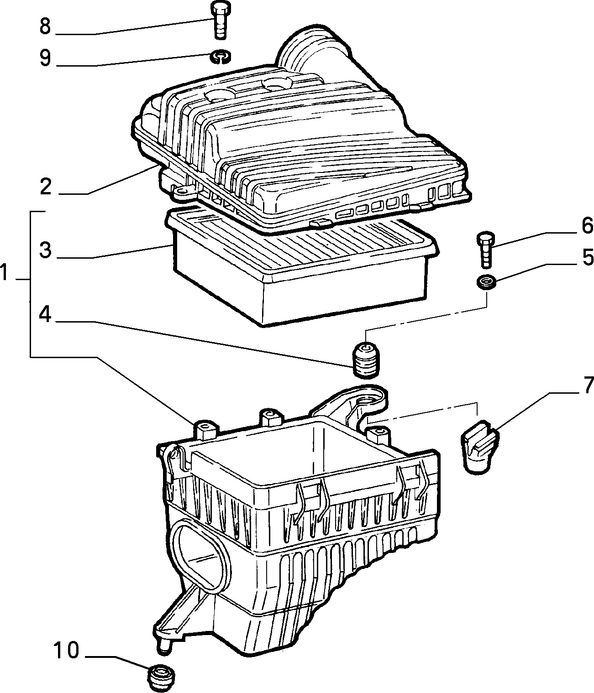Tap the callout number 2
[46, 187]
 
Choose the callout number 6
[587, 226]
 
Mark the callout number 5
[588, 257]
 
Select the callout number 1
[4, 272]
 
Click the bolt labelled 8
[220, 21]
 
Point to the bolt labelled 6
[486, 249]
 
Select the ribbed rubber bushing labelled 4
[366, 360]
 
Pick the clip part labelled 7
[479, 446]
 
